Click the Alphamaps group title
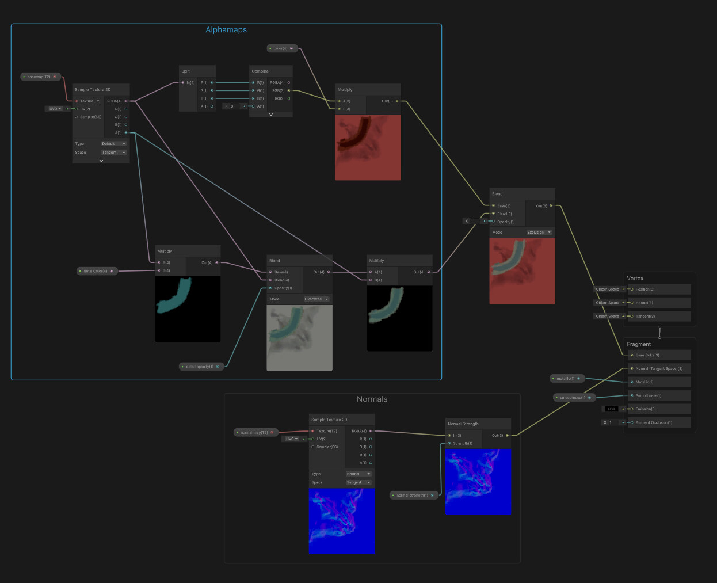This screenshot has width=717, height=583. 226,30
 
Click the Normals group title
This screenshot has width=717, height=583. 372,399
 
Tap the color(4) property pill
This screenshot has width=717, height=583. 282,48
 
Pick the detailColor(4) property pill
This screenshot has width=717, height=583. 97,271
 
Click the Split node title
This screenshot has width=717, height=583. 186,71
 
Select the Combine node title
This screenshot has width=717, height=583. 260,71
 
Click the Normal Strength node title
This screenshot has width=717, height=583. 463,424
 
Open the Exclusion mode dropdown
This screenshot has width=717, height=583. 539,232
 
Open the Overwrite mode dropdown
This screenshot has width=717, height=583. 316,299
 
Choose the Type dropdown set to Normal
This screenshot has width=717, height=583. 358,474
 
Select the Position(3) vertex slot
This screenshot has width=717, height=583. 645,289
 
